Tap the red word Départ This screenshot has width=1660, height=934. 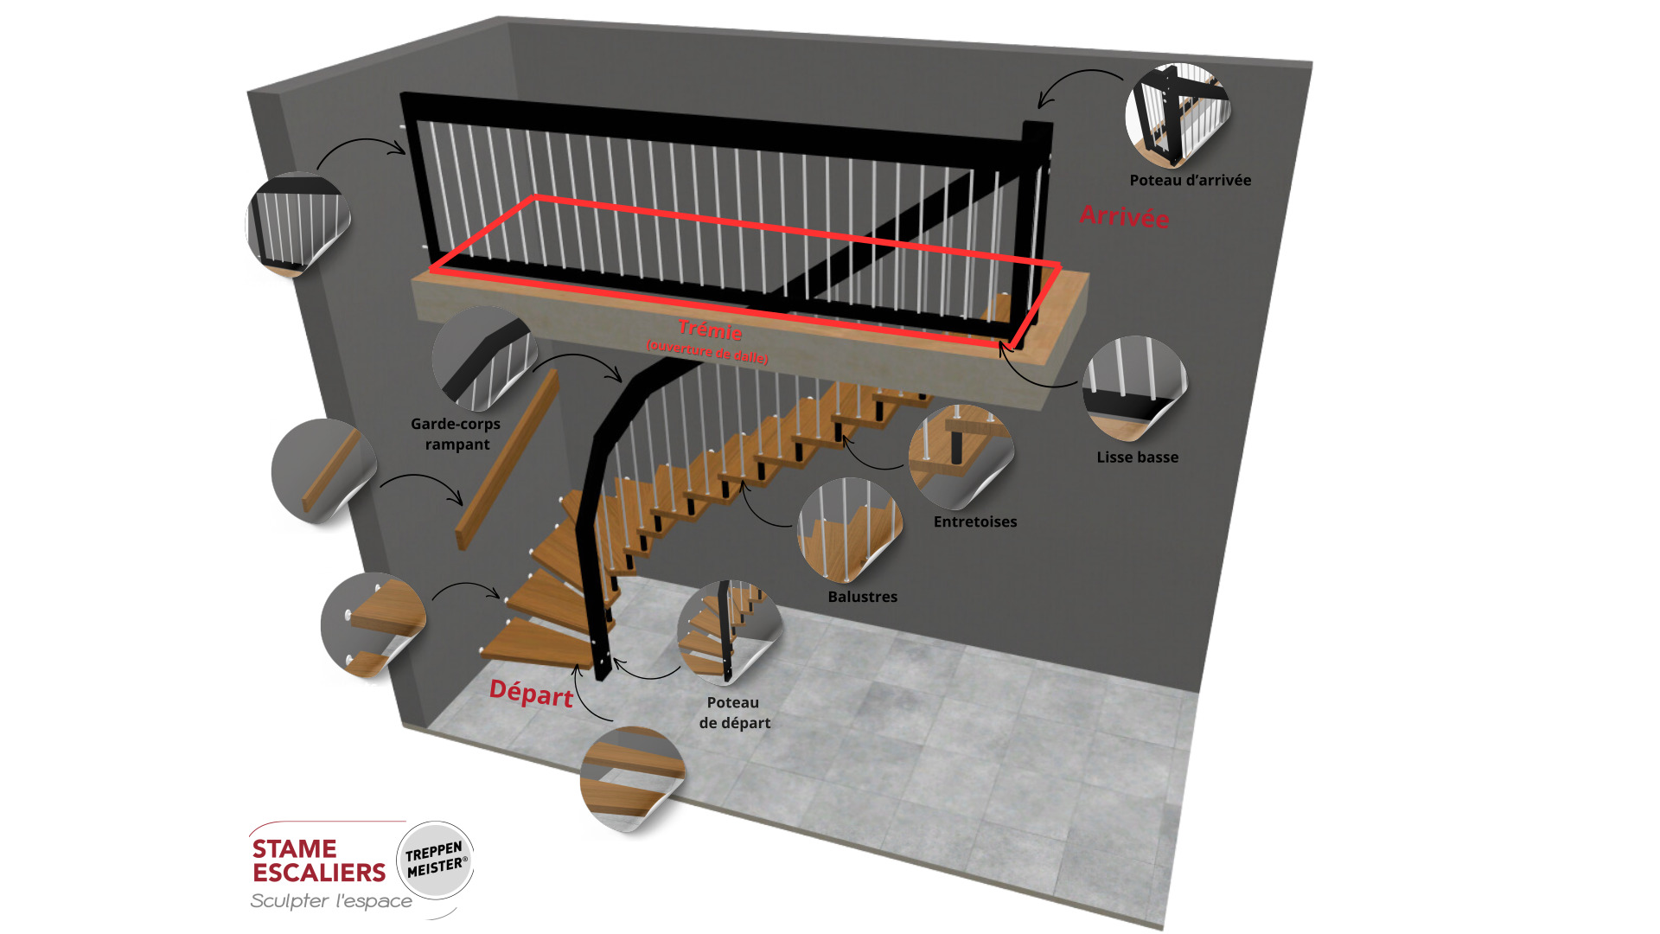point(531,694)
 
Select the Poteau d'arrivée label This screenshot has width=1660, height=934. point(1190,180)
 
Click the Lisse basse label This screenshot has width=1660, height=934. point(1137,457)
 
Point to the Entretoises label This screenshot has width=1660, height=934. point(974,521)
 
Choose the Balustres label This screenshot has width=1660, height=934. point(862,597)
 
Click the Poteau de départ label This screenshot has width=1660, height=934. point(734,713)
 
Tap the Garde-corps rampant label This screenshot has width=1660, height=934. point(456,433)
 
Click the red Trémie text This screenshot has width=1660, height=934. point(710,330)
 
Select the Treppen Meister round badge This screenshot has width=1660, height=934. point(436,859)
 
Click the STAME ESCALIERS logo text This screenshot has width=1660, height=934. point(318,860)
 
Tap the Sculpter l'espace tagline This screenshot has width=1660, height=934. point(331,901)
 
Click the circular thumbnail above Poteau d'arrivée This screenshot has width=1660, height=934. point(1177,115)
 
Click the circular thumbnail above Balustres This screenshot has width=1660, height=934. point(849,529)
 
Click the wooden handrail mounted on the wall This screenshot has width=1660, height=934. point(508,459)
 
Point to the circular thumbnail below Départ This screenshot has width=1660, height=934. point(632,778)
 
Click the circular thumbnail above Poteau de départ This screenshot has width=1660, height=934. point(729,631)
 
